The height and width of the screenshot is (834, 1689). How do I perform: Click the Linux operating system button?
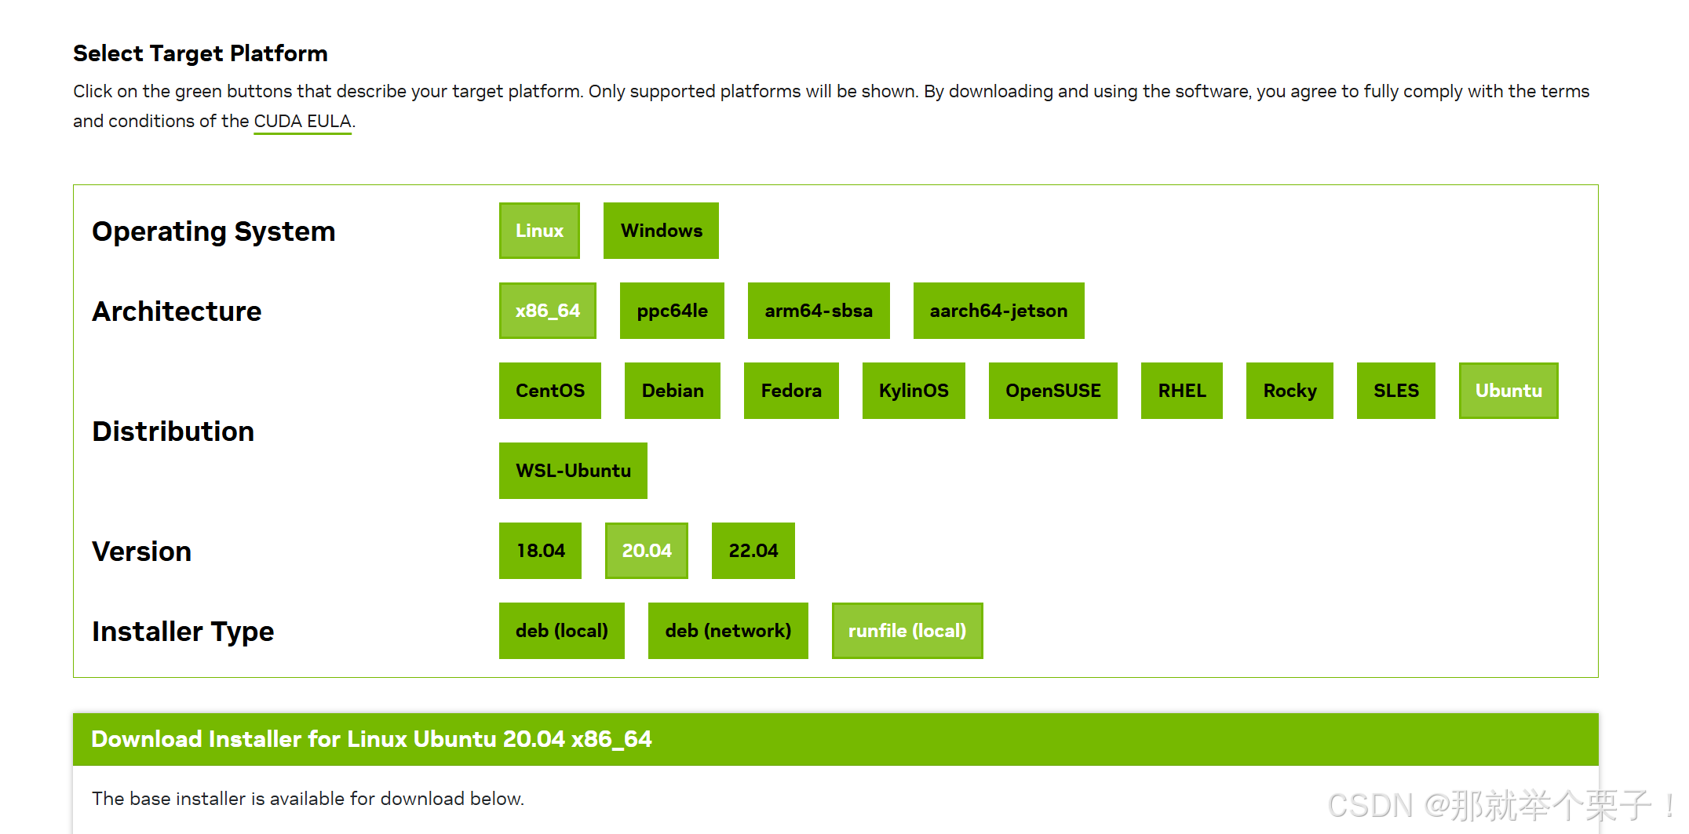pyautogui.click(x=539, y=231)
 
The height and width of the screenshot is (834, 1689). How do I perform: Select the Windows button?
pyautogui.click(x=661, y=231)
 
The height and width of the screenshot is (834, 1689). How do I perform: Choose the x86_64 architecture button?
pyautogui.click(x=547, y=311)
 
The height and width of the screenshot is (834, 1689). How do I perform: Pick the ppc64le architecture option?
pyautogui.click(x=672, y=311)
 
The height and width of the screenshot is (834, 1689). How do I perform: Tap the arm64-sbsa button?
pyautogui.click(x=819, y=311)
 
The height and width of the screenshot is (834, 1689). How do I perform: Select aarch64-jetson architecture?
pyautogui.click(x=998, y=311)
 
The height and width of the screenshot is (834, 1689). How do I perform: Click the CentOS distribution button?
pyautogui.click(x=549, y=391)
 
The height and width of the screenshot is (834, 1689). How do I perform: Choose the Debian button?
pyautogui.click(x=672, y=391)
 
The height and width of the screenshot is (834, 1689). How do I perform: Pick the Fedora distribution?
pyautogui.click(x=791, y=391)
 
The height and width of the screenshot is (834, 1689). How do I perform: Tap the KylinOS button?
pyautogui.click(x=914, y=391)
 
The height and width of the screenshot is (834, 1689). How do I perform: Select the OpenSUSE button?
pyautogui.click(x=1052, y=391)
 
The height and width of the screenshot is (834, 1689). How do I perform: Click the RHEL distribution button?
pyautogui.click(x=1181, y=391)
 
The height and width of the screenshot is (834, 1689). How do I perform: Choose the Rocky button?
pyautogui.click(x=1290, y=391)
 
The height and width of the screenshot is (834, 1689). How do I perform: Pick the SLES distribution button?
pyautogui.click(x=1395, y=391)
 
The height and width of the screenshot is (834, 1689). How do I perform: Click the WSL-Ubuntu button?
pyautogui.click(x=573, y=471)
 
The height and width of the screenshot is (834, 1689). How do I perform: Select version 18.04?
pyautogui.click(x=540, y=551)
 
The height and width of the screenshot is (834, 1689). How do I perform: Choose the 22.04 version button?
pyautogui.click(x=753, y=551)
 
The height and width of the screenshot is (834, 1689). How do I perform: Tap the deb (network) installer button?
pyautogui.click(x=728, y=631)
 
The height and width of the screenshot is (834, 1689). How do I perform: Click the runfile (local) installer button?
pyautogui.click(x=907, y=631)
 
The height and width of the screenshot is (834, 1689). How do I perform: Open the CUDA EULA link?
pyautogui.click(x=302, y=122)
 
